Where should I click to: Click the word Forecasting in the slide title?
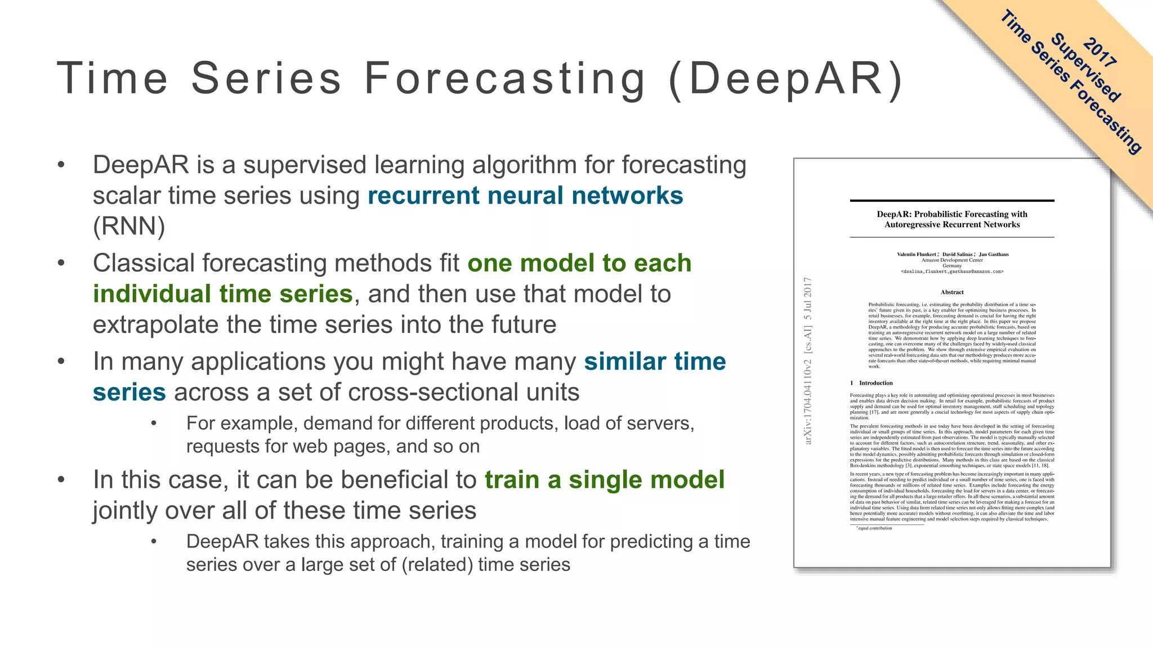point(505,78)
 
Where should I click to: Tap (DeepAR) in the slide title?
point(786,78)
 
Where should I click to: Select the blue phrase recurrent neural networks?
point(525,196)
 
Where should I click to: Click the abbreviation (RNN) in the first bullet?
point(129,227)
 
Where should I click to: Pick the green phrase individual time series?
point(223,294)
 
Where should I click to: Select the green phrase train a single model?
point(605,480)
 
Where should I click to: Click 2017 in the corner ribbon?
point(1100,52)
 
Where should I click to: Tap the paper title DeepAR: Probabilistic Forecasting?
point(952,214)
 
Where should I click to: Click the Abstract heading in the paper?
point(952,292)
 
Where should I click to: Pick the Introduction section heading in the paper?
point(875,383)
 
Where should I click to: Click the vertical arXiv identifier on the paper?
point(808,360)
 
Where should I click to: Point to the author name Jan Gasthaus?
point(994,254)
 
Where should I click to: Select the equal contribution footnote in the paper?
point(874,528)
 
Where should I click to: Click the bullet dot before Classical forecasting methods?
point(61,263)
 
